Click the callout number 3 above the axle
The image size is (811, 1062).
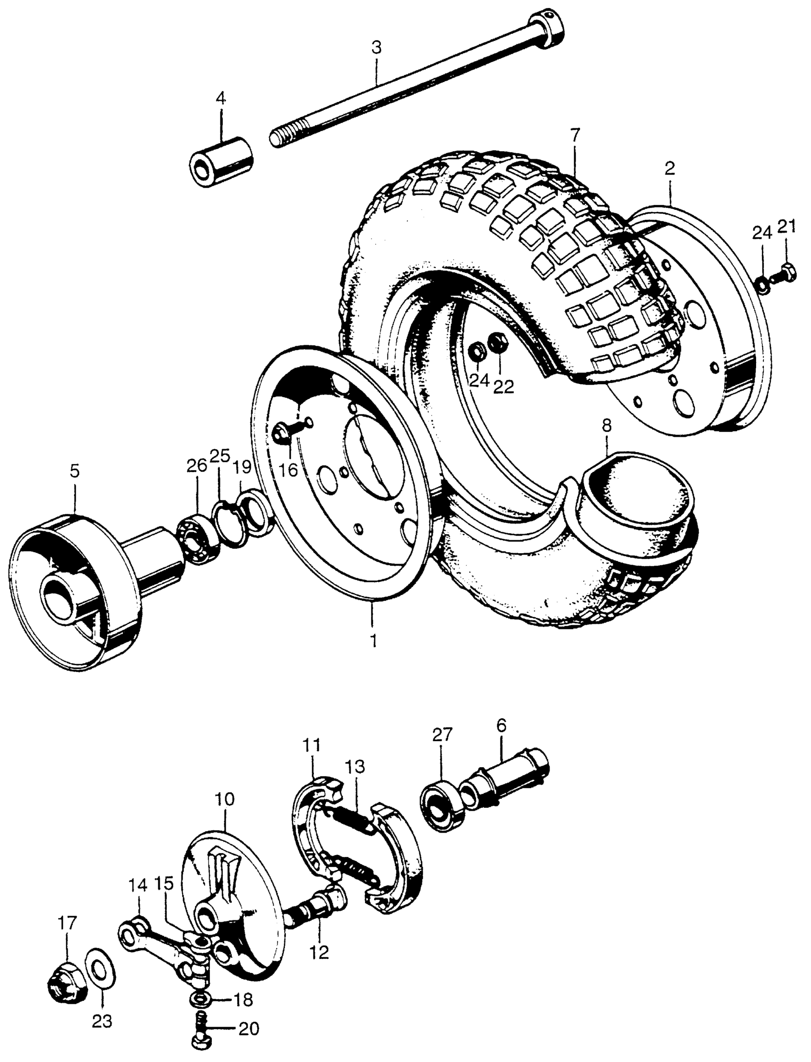pyautogui.click(x=376, y=48)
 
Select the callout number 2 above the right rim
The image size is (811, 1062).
pyautogui.click(x=670, y=169)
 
